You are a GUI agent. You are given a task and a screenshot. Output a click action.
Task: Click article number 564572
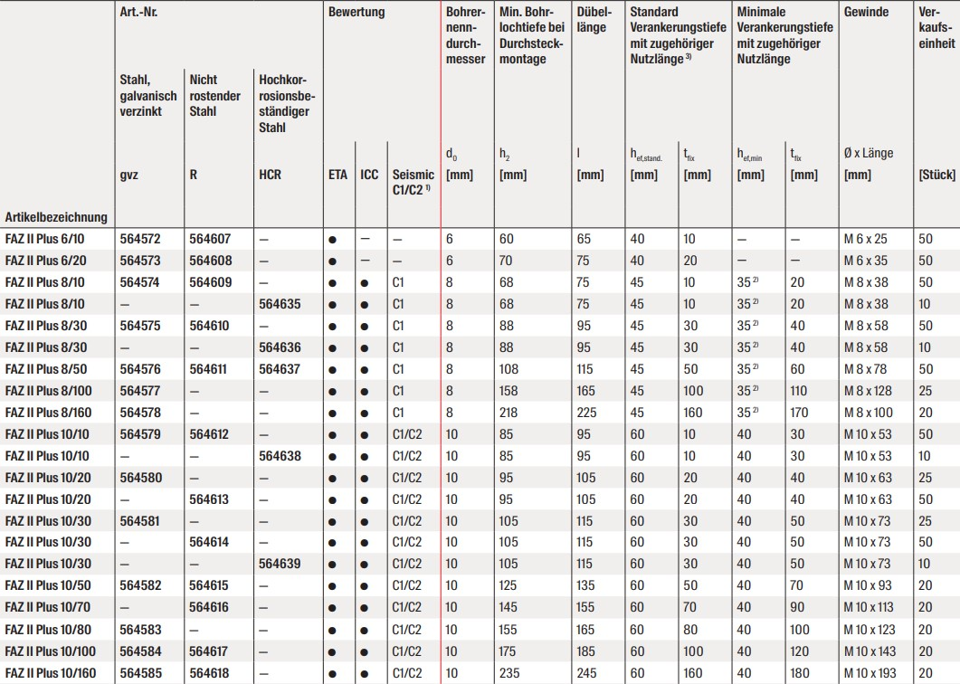pos(139,240)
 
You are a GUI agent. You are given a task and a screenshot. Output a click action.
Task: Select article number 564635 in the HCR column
pos(280,304)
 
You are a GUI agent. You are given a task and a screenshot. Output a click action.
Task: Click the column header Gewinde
pos(866,13)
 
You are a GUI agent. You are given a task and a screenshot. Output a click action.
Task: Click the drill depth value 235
pos(510,672)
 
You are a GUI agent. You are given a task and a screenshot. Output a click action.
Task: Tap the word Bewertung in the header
pos(356,13)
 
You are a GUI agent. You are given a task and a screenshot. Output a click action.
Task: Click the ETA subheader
pos(338,175)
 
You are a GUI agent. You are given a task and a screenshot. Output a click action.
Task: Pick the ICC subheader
pos(369,175)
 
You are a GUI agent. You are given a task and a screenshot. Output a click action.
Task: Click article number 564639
pos(280,564)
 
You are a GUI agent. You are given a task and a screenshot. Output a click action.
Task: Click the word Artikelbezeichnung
pos(56,217)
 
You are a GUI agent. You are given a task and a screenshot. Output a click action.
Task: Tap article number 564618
pos(210,672)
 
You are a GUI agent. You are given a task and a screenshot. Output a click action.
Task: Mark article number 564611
pos(210,369)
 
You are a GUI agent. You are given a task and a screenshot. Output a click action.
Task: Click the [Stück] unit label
pos(936,175)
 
